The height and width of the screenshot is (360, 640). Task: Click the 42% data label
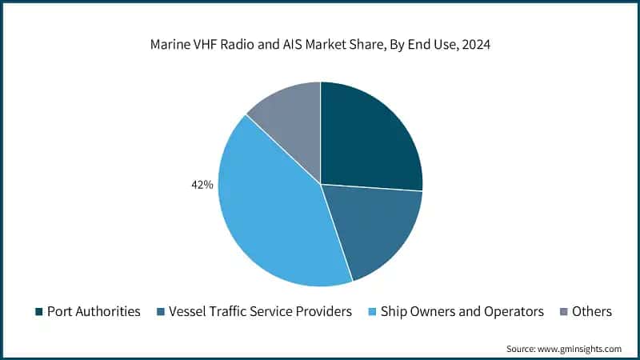pos(202,185)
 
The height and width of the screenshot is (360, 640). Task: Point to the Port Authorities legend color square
pos(38,312)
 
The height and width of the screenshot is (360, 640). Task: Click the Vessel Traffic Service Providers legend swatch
pos(163,312)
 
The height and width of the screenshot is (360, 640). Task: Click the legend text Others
pos(592,312)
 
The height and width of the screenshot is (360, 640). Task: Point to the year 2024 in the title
pos(474,46)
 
